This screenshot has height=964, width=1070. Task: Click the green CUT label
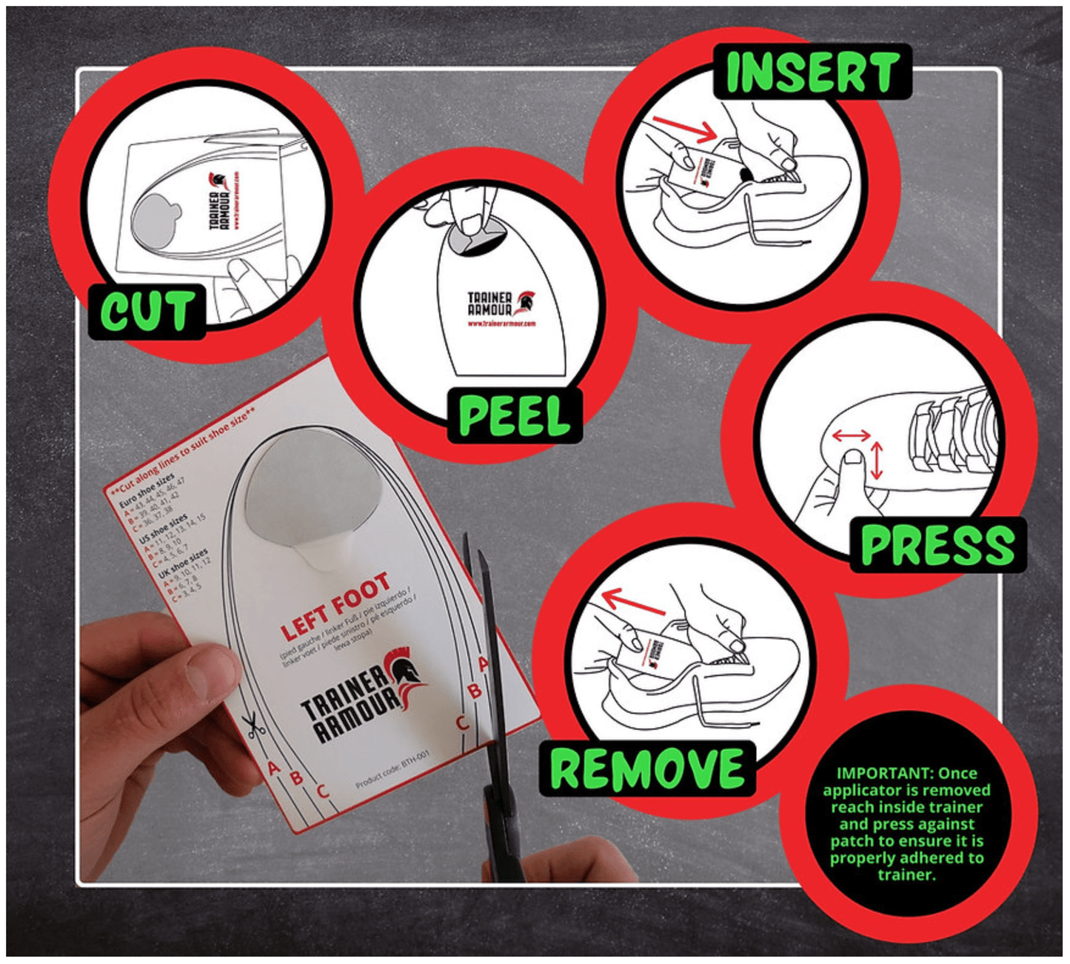(147, 311)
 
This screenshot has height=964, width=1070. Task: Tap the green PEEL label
(514, 416)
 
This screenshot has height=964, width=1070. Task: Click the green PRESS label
(937, 546)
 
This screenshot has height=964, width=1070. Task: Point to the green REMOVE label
(647, 769)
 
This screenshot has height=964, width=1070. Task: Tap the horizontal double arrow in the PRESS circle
(851, 435)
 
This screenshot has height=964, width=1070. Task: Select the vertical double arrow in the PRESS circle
(877, 461)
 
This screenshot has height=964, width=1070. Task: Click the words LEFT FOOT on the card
(335, 606)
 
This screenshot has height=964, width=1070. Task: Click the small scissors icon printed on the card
(253, 725)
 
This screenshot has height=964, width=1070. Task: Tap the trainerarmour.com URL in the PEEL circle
(501, 324)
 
